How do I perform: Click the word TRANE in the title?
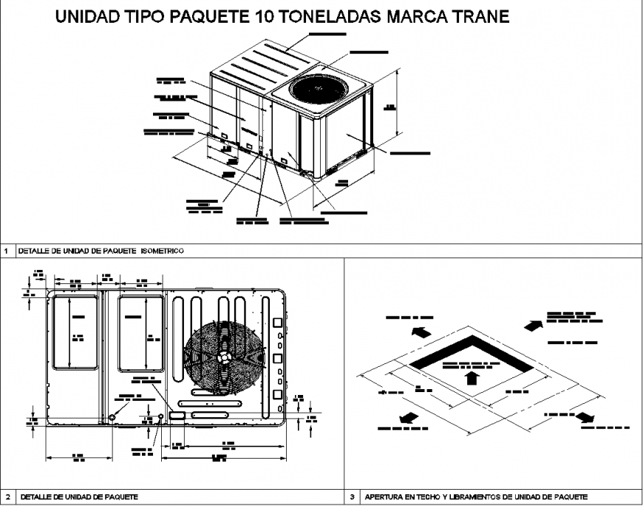(479, 16)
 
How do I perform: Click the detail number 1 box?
(7, 251)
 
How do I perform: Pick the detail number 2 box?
(7, 496)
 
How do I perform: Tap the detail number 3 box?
(353, 496)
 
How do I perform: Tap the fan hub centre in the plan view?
(224, 356)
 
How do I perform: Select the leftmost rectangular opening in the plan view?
(74, 331)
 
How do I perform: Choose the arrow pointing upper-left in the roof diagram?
(421, 332)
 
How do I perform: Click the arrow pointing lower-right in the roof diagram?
(585, 416)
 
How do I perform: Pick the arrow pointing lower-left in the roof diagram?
(409, 419)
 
